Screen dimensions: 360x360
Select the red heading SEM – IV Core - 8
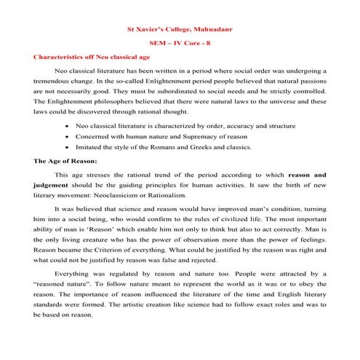pos(180,43)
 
